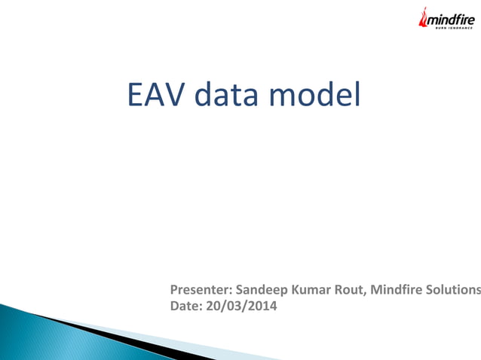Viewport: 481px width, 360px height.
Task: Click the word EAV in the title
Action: [155, 96]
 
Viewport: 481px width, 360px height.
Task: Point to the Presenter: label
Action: [201, 289]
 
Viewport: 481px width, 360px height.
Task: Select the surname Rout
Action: [345, 289]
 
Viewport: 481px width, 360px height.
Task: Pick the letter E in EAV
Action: [136, 96]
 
